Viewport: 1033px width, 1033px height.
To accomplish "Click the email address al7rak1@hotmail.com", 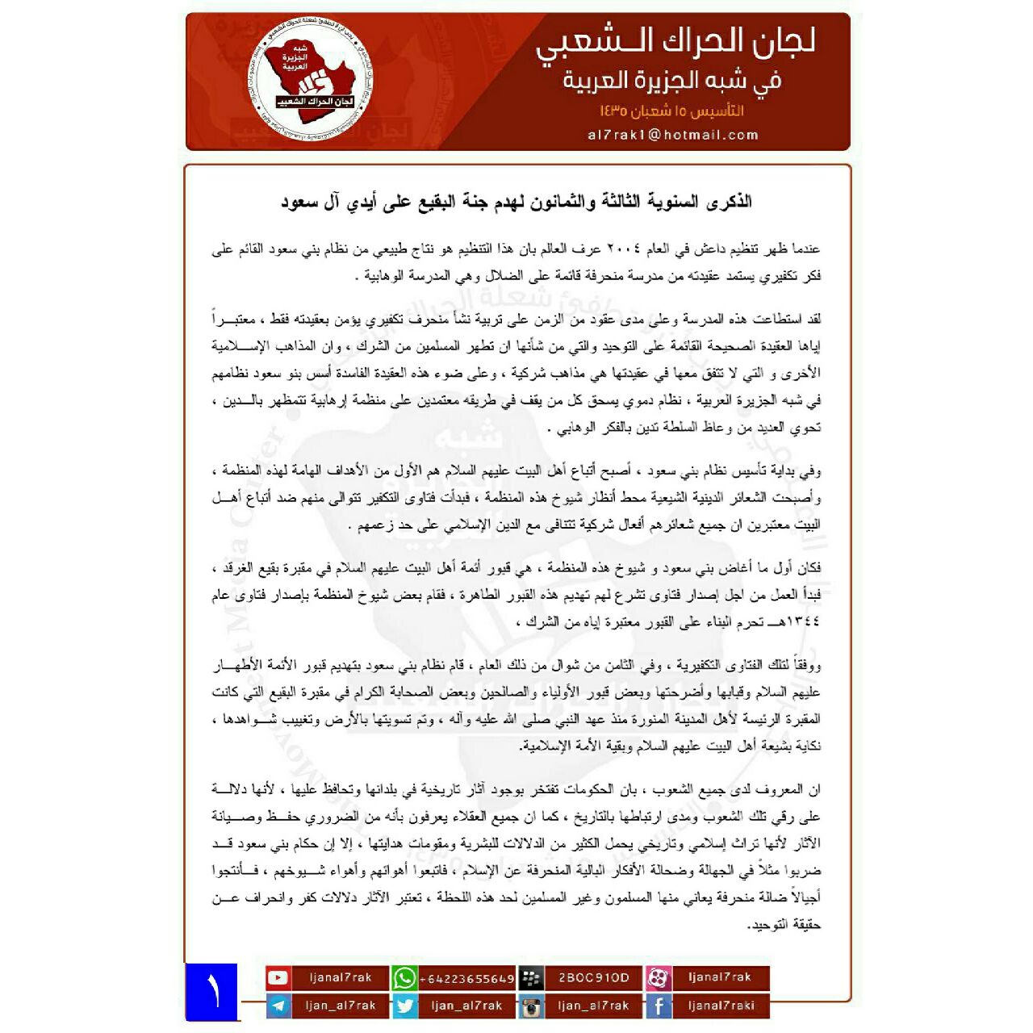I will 673,135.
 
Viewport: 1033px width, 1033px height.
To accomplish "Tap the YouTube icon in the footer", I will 278,977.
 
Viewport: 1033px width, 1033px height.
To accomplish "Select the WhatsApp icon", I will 404,978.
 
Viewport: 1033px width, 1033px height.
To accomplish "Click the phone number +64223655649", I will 467,978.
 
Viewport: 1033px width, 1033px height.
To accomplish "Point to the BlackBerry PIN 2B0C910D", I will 593,977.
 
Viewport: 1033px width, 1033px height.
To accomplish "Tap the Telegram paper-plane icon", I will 278,1006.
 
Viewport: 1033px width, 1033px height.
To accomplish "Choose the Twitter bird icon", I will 404,1006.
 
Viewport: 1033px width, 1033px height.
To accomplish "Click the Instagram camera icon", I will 530,1006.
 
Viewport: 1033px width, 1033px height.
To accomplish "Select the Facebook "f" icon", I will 658,1006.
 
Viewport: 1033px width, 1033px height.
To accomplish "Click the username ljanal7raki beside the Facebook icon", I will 721,1006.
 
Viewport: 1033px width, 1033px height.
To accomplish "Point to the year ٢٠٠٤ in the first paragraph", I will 621,249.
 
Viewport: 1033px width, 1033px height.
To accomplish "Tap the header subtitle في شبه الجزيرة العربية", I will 672,81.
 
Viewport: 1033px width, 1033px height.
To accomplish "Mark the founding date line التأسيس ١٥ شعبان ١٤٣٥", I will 671,111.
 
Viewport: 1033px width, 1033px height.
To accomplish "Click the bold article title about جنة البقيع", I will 516,202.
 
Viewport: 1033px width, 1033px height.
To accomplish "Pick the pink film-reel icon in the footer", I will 658,978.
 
